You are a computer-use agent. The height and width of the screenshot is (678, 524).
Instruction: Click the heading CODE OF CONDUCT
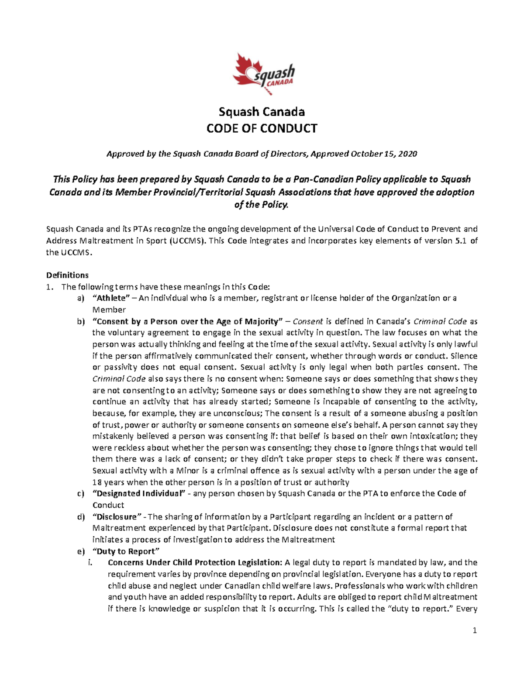point(262,128)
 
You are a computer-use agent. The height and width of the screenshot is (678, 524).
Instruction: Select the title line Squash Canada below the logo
point(262,112)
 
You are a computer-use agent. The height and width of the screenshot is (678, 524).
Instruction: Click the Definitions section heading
point(67,275)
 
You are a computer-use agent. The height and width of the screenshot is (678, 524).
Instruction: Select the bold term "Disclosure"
point(117,516)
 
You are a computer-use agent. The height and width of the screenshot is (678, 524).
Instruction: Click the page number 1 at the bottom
point(475,630)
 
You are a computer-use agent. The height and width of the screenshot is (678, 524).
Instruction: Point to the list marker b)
point(80,321)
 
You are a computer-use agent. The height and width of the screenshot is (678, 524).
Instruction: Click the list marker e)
point(80,551)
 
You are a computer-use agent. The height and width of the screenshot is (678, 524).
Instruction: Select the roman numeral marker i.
point(90,562)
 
